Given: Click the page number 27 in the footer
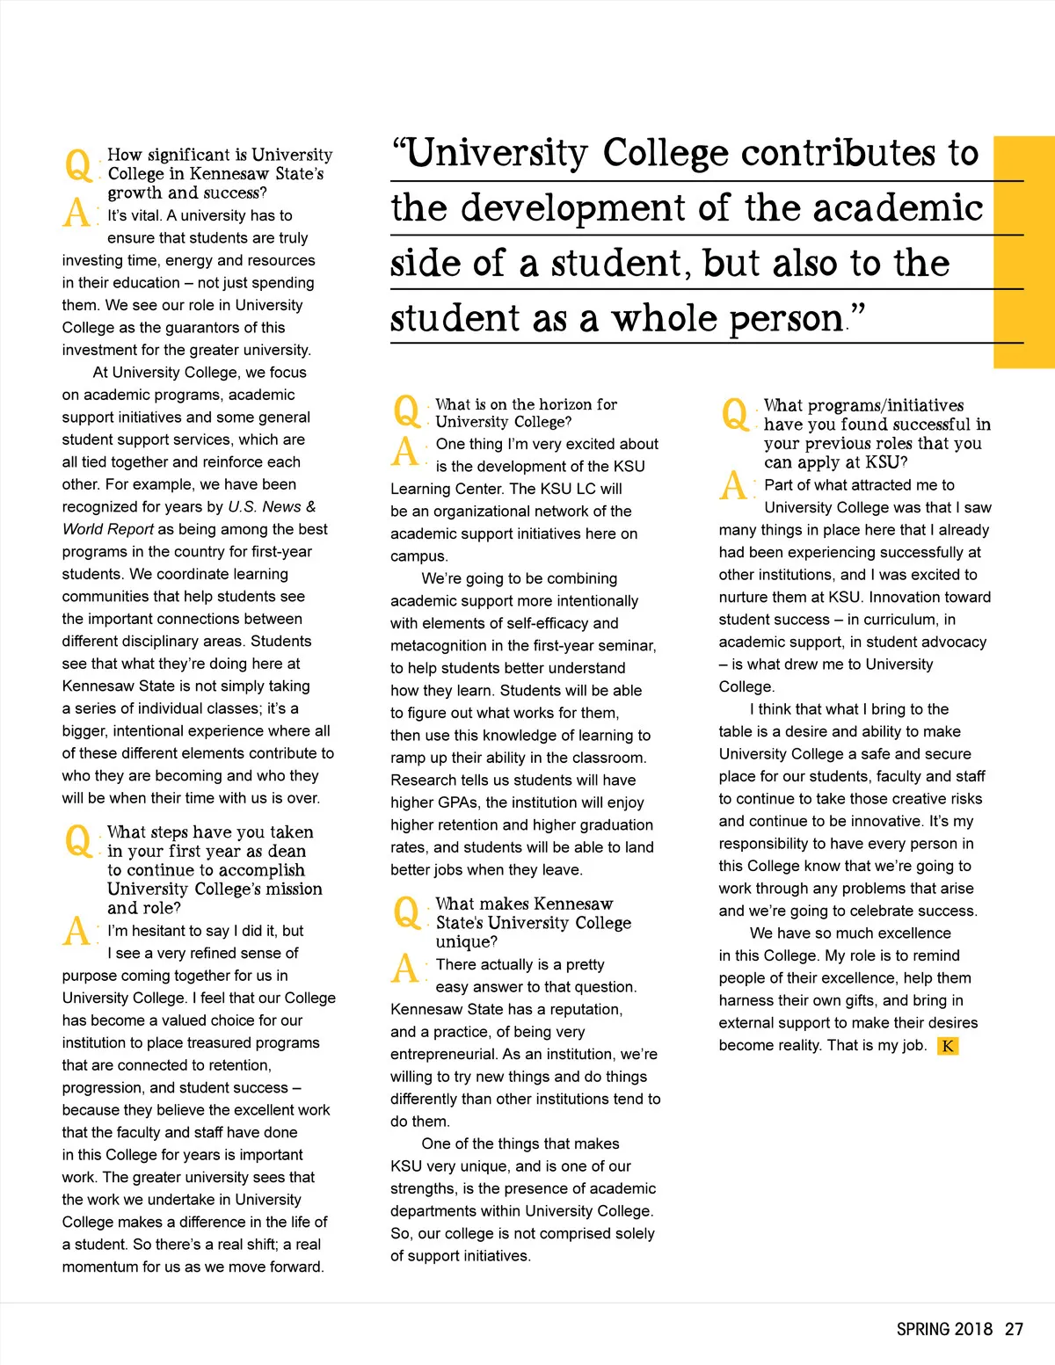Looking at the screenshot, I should [1014, 1329].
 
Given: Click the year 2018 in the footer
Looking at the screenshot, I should [973, 1329].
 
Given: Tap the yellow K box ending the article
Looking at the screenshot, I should [948, 1046].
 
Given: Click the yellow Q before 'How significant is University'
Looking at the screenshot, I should [78, 164].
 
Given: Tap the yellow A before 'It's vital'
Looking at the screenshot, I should [76, 214].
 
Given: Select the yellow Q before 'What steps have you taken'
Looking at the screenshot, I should [78, 841].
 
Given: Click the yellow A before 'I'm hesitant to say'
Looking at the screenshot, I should [76, 931].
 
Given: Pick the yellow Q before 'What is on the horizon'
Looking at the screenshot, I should [406, 411].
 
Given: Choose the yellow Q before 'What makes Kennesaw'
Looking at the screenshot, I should [406, 911].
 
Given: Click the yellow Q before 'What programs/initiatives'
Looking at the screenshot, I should [734, 413].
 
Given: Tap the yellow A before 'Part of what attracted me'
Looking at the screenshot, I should [733, 485].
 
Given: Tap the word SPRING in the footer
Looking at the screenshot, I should [923, 1329].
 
